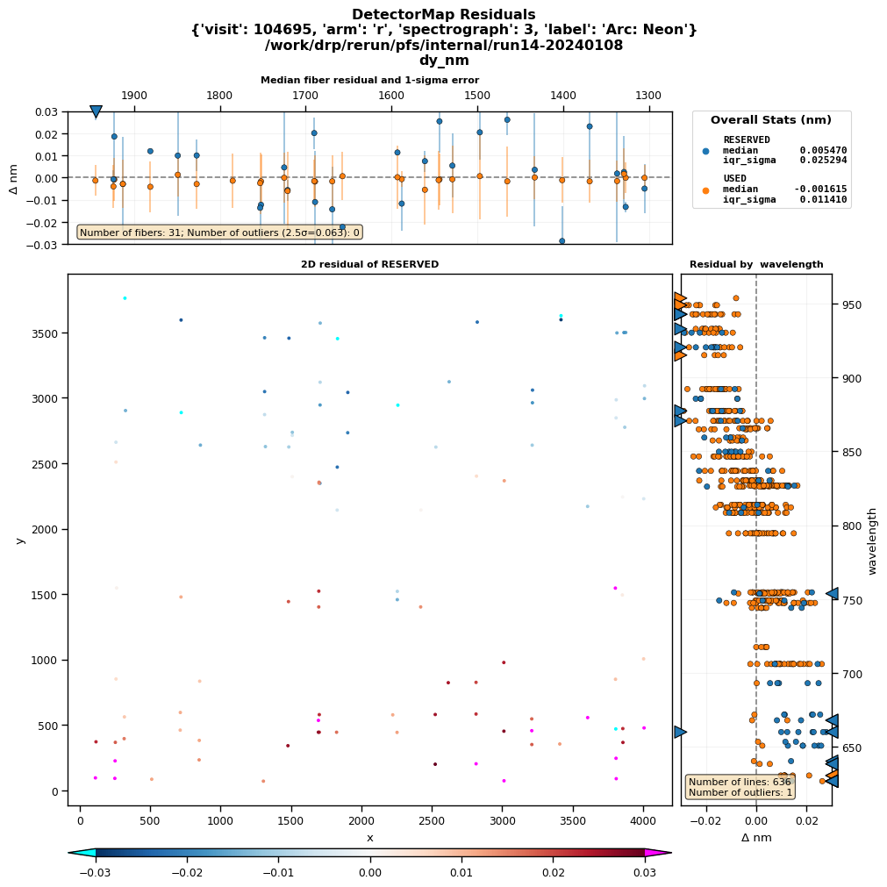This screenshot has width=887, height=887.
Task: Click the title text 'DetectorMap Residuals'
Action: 443,15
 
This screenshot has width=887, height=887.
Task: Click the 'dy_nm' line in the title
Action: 443,61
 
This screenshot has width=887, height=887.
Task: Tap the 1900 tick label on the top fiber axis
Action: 134,96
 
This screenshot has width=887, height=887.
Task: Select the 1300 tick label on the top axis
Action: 648,96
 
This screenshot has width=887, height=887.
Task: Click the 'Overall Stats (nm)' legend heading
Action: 770,120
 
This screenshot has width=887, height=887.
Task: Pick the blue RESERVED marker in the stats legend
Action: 706,151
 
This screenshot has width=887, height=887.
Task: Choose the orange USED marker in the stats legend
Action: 706,190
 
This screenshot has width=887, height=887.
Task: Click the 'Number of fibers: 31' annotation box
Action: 219,232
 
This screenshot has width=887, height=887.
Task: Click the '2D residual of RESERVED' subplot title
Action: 369,264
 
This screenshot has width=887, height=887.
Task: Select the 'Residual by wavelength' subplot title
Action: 756,264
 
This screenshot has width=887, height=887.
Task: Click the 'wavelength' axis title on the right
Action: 872,540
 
